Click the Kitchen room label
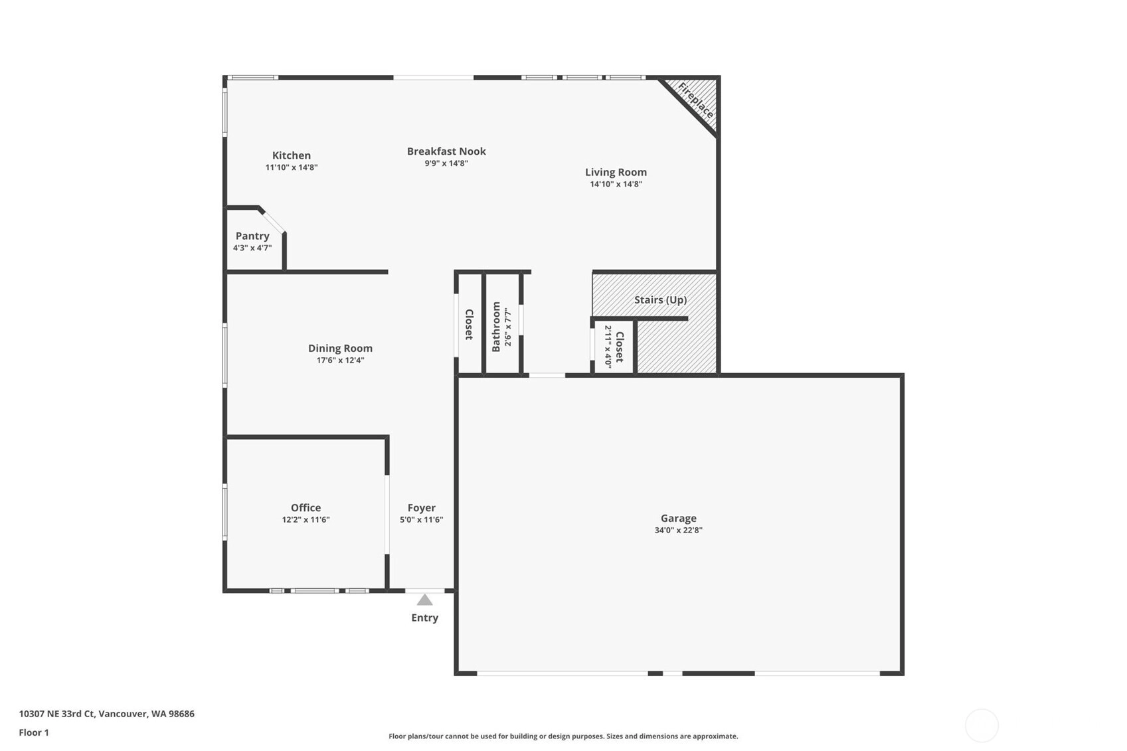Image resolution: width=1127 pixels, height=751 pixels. coord(292,155)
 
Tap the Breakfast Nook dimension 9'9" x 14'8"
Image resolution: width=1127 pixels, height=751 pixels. coord(446,163)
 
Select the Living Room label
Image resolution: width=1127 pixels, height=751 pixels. coord(616,172)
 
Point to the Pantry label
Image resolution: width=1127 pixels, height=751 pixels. coord(252,236)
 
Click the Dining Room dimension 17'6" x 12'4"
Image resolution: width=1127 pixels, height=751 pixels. coord(340,360)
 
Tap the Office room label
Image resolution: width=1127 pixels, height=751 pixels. coord(305,507)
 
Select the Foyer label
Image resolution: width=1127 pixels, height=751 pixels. coord(421,508)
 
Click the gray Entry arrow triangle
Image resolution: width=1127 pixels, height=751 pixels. coord(424,600)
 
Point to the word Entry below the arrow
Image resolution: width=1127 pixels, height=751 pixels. coord(424,618)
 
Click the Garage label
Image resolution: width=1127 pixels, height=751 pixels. coord(678,518)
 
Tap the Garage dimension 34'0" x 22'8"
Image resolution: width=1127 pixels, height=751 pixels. coord(678,530)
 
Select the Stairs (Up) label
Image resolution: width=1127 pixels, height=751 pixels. coord(660,299)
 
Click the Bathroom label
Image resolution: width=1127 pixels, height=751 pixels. coord(496,327)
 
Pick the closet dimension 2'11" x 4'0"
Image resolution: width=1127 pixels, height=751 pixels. coord(608,347)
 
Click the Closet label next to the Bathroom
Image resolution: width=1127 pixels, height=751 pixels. coord(469,325)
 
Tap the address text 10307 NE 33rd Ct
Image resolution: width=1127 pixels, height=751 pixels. coord(57,714)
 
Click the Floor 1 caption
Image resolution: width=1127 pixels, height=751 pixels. coord(34,732)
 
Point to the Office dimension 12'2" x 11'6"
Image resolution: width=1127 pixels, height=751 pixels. coord(305,520)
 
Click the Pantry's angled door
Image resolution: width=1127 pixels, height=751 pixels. coord(274,222)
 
